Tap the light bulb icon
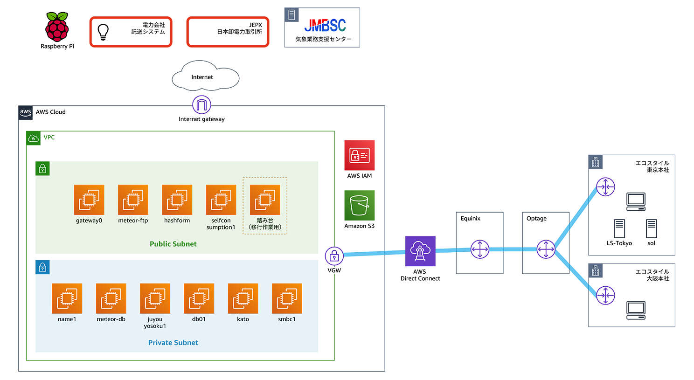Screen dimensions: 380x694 [103, 32]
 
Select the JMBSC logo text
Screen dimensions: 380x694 [325, 25]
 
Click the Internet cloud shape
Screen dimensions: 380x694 [205, 76]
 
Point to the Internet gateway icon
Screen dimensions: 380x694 [201, 105]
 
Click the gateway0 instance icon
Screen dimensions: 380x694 [89, 200]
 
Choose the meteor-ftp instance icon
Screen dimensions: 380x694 [133, 200]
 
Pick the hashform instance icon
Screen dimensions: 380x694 [177, 200]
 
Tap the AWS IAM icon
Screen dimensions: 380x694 [359, 155]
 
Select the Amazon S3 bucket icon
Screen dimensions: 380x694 [359, 205]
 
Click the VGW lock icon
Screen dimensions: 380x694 [334, 256]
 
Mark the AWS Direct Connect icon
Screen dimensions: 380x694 [420, 251]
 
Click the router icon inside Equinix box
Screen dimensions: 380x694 [479, 249]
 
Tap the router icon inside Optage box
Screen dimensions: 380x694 [546, 249]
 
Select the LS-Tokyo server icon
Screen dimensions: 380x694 [619, 228]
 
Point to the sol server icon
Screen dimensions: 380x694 [652, 228]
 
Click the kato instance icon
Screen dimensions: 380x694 [243, 298]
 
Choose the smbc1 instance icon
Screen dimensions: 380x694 [287, 298]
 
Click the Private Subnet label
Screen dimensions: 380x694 [173, 343]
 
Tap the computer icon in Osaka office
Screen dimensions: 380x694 [636, 310]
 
